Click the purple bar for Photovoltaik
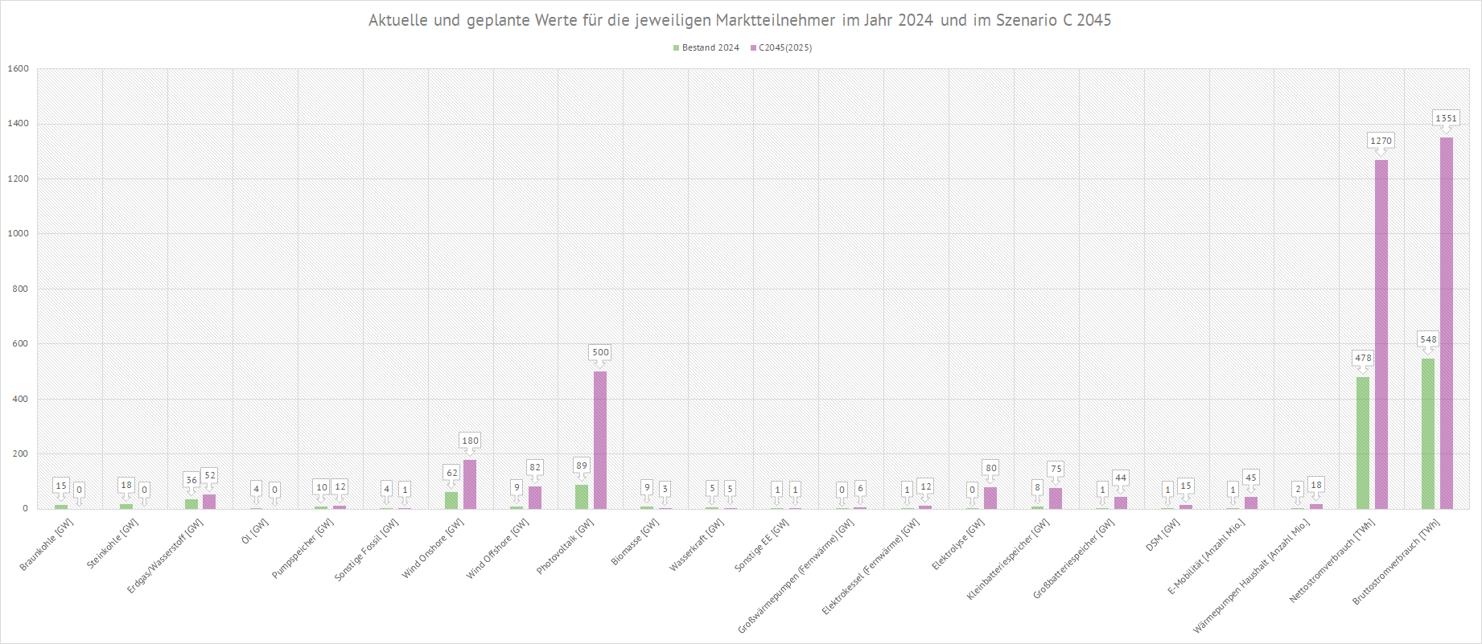pyautogui.click(x=600, y=440)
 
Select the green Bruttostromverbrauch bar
pyautogui.click(x=1428, y=433)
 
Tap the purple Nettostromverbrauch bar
pyautogui.click(x=1381, y=334)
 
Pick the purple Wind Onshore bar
pyautogui.click(x=470, y=484)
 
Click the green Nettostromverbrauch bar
pyautogui.click(x=1363, y=443)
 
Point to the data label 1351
pyautogui.click(x=1446, y=118)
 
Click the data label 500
pyautogui.click(x=600, y=352)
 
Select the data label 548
pyautogui.click(x=1428, y=339)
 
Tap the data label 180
pyautogui.click(x=470, y=441)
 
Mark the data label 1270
pyautogui.click(x=1381, y=141)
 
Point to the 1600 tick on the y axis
pyautogui.click(x=18, y=69)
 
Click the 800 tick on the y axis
pyautogui.click(x=20, y=289)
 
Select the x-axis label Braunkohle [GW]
pyautogui.click(x=47, y=544)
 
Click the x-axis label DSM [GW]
pyautogui.click(x=1163, y=535)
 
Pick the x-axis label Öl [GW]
pyautogui.click(x=255, y=530)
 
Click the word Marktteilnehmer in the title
pyautogui.click(x=775, y=20)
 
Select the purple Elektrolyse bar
pyautogui.click(x=990, y=498)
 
